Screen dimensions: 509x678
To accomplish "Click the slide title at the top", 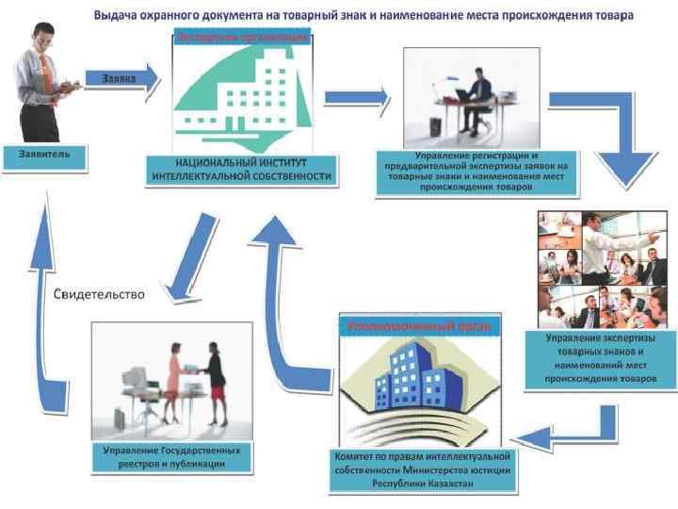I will pyautogui.click(x=363, y=16).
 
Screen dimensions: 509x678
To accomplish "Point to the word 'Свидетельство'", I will pyautogui.click(x=99, y=294).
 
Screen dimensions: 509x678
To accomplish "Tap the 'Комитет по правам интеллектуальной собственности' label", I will pyautogui.click(x=422, y=468).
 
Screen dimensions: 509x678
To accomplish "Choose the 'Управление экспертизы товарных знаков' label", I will pyautogui.click(x=611, y=358).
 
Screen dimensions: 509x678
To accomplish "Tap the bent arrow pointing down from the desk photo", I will pyautogui.click(x=617, y=141).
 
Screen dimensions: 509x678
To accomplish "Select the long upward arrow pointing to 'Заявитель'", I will pyautogui.click(x=40, y=302).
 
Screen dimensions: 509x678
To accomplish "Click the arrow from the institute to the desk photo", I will pyautogui.click(x=356, y=96).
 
